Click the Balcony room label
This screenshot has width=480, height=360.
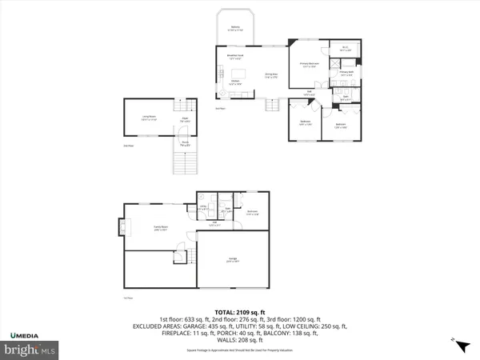(x=236, y=30)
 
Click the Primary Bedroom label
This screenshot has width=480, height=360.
(x=310, y=64)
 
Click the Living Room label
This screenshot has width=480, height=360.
(x=149, y=118)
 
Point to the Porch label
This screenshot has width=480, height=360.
(x=184, y=145)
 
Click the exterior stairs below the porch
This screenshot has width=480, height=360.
(x=185, y=163)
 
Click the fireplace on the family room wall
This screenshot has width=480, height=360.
(x=124, y=227)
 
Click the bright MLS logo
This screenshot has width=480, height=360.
(x=29, y=350)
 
